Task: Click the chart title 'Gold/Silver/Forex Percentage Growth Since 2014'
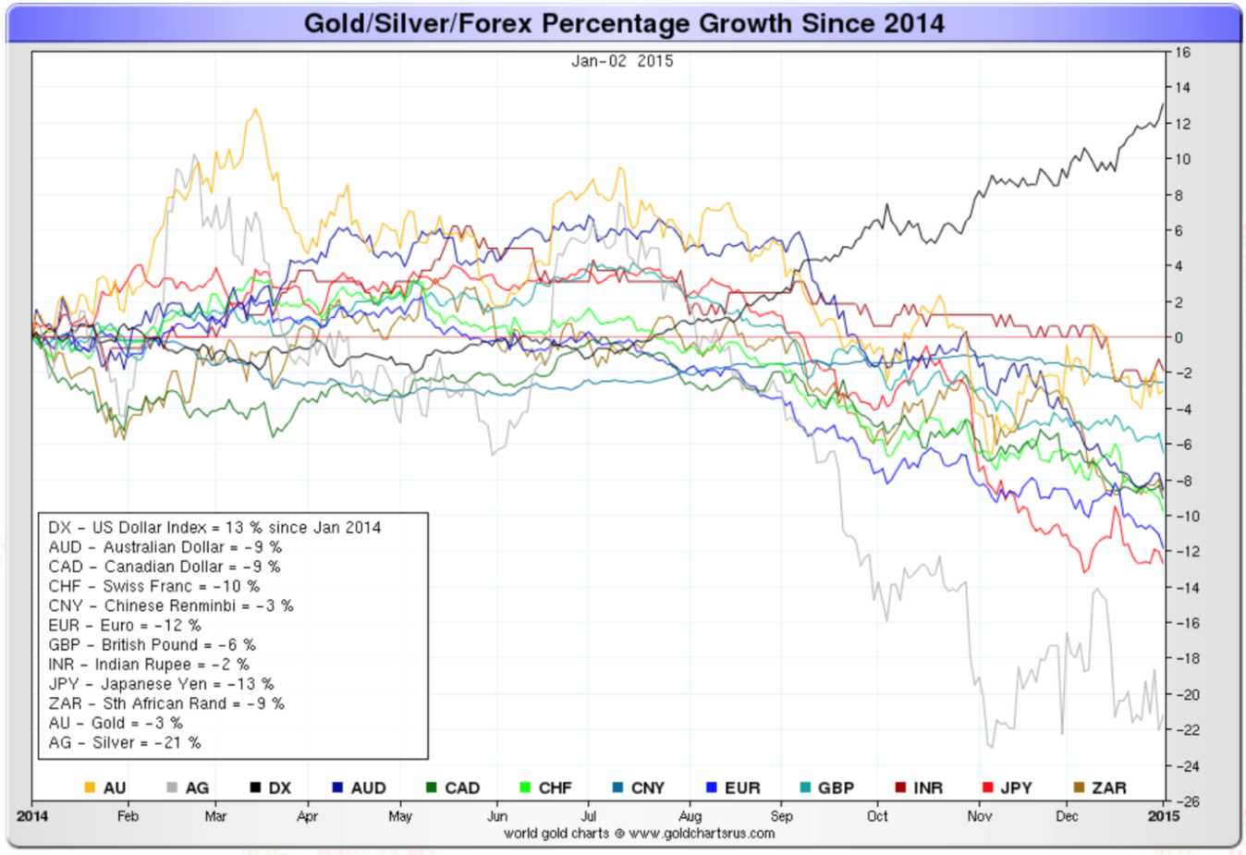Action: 624,23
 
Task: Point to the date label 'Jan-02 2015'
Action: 622,61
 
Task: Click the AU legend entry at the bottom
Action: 105,788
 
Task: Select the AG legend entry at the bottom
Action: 189,788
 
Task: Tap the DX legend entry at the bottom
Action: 271,788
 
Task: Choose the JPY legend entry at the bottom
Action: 1008,788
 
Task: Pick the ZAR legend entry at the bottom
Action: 1100,788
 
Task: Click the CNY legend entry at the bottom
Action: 639,788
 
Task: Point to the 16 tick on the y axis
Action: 1182,53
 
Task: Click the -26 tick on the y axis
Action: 1185,801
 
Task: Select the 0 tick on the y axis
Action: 1179,338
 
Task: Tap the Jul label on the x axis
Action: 588,816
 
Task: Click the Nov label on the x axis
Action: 980,816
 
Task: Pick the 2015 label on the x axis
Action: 1164,816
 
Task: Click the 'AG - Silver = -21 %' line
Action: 125,742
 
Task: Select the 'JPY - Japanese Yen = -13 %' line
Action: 161,684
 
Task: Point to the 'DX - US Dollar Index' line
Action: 214,528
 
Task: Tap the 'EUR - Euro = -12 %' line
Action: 125,626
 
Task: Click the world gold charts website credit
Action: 639,834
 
